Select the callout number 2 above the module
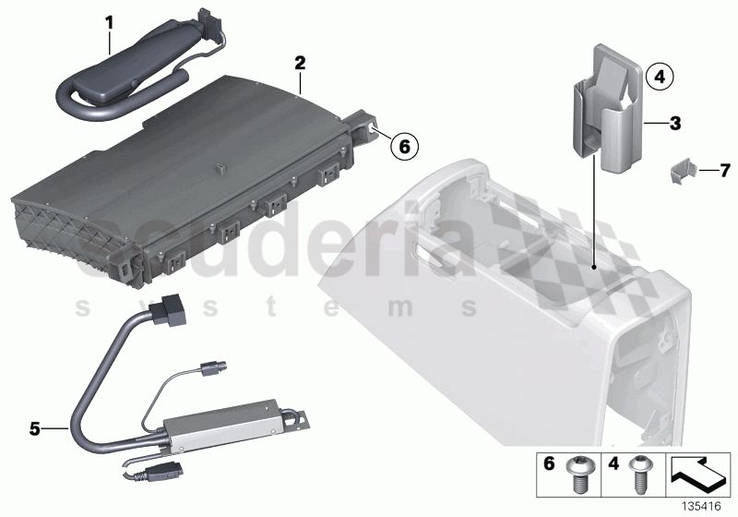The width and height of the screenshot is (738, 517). coord(299,64)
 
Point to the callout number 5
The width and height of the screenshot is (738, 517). coord(35,428)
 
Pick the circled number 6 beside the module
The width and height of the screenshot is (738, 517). coord(403,144)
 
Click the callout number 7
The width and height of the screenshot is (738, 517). coord(724,170)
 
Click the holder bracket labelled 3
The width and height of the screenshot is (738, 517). coord(609,111)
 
